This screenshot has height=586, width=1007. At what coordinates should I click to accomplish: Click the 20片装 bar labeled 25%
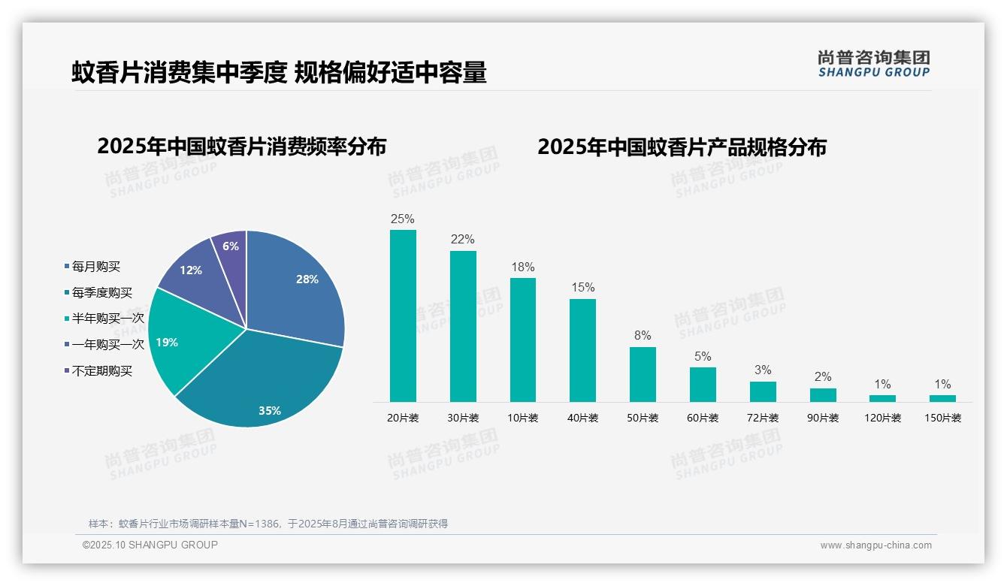click(403, 316)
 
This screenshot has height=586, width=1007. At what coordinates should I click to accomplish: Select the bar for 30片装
click(463, 326)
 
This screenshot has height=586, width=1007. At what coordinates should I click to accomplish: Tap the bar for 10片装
click(523, 340)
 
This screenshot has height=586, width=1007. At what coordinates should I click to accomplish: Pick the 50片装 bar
click(643, 374)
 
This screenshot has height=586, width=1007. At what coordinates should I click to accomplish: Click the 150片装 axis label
click(942, 418)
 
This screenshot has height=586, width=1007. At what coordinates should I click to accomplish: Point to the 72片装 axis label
click(763, 418)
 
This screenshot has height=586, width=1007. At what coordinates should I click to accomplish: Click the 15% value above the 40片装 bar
click(582, 287)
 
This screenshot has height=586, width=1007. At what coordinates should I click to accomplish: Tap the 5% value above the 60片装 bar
click(703, 356)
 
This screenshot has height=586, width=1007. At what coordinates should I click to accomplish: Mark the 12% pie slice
click(194, 270)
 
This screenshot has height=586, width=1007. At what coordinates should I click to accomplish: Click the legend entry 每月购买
click(95, 267)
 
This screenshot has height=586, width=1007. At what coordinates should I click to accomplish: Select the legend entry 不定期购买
click(101, 371)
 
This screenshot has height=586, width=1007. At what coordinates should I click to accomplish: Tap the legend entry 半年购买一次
click(107, 319)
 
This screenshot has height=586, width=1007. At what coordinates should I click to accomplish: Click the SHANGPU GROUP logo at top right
click(873, 64)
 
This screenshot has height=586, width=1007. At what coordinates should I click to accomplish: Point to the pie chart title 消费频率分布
click(241, 146)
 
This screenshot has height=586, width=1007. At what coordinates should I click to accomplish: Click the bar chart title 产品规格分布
click(682, 146)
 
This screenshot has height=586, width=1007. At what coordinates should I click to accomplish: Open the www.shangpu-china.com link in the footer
click(875, 545)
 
